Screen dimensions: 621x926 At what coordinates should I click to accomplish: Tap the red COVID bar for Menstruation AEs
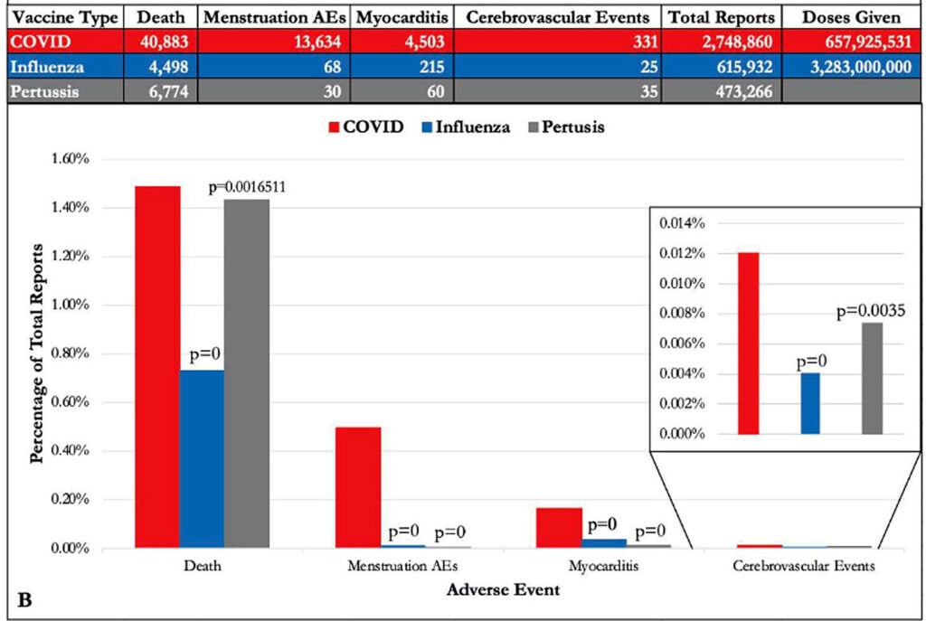point(358,487)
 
